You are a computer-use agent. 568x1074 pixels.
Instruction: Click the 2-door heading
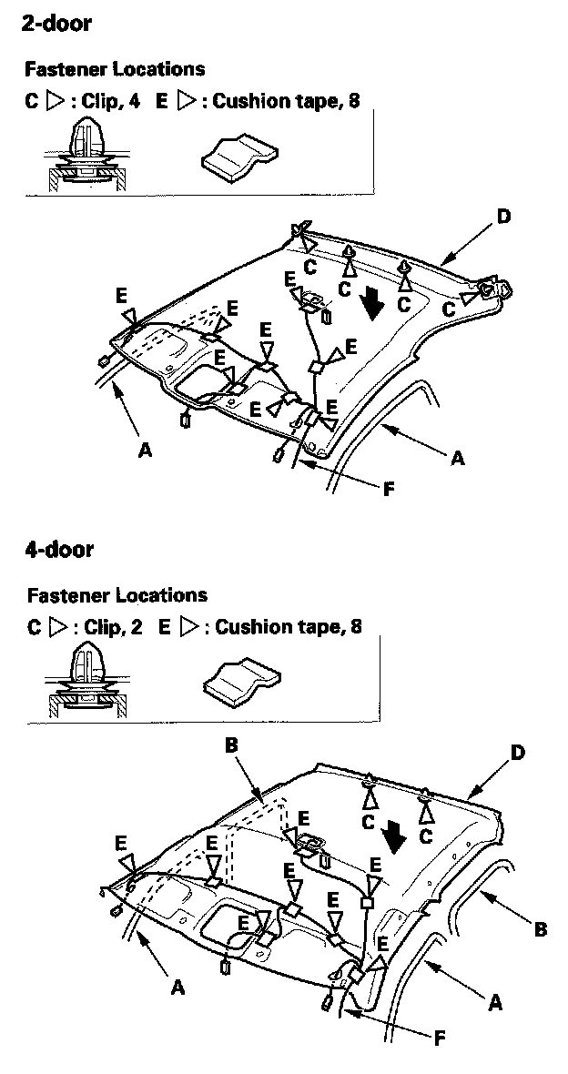click(56, 24)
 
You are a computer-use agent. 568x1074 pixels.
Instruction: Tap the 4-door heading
click(58, 549)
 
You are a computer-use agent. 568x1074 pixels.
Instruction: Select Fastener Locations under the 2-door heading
click(115, 68)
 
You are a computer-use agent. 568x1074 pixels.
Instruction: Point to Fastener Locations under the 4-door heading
click(117, 595)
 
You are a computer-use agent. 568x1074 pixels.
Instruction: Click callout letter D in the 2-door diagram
click(504, 217)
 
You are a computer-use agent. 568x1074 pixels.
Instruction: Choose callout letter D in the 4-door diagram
click(518, 754)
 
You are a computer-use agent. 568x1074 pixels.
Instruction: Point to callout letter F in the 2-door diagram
click(389, 490)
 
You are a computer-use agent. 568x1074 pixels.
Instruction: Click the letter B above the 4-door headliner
click(231, 745)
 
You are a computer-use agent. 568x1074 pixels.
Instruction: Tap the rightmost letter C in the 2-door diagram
click(450, 310)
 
